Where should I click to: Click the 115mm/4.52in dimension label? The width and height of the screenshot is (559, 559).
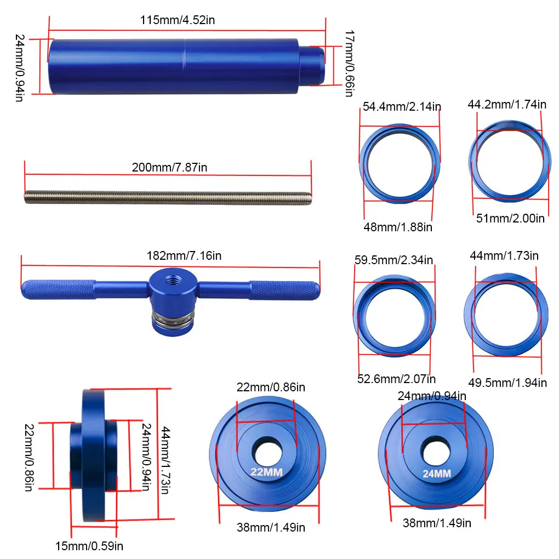click(x=177, y=20)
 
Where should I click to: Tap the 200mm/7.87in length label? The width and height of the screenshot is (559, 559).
click(x=169, y=167)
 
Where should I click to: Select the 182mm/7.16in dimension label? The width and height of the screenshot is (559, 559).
click(x=184, y=255)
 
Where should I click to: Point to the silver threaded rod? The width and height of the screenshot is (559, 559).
click(x=168, y=198)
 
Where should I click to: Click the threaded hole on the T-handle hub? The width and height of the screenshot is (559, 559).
click(x=173, y=280)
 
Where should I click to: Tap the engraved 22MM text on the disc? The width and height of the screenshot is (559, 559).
click(x=266, y=472)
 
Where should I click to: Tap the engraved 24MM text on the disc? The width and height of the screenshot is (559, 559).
click(x=437, y=474)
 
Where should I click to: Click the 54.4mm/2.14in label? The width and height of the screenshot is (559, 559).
click(x=402, y=107)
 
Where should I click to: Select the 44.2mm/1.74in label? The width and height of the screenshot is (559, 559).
click(x=507, y=105)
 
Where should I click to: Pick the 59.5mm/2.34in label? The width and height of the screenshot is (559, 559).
click(x=393, y=260)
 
